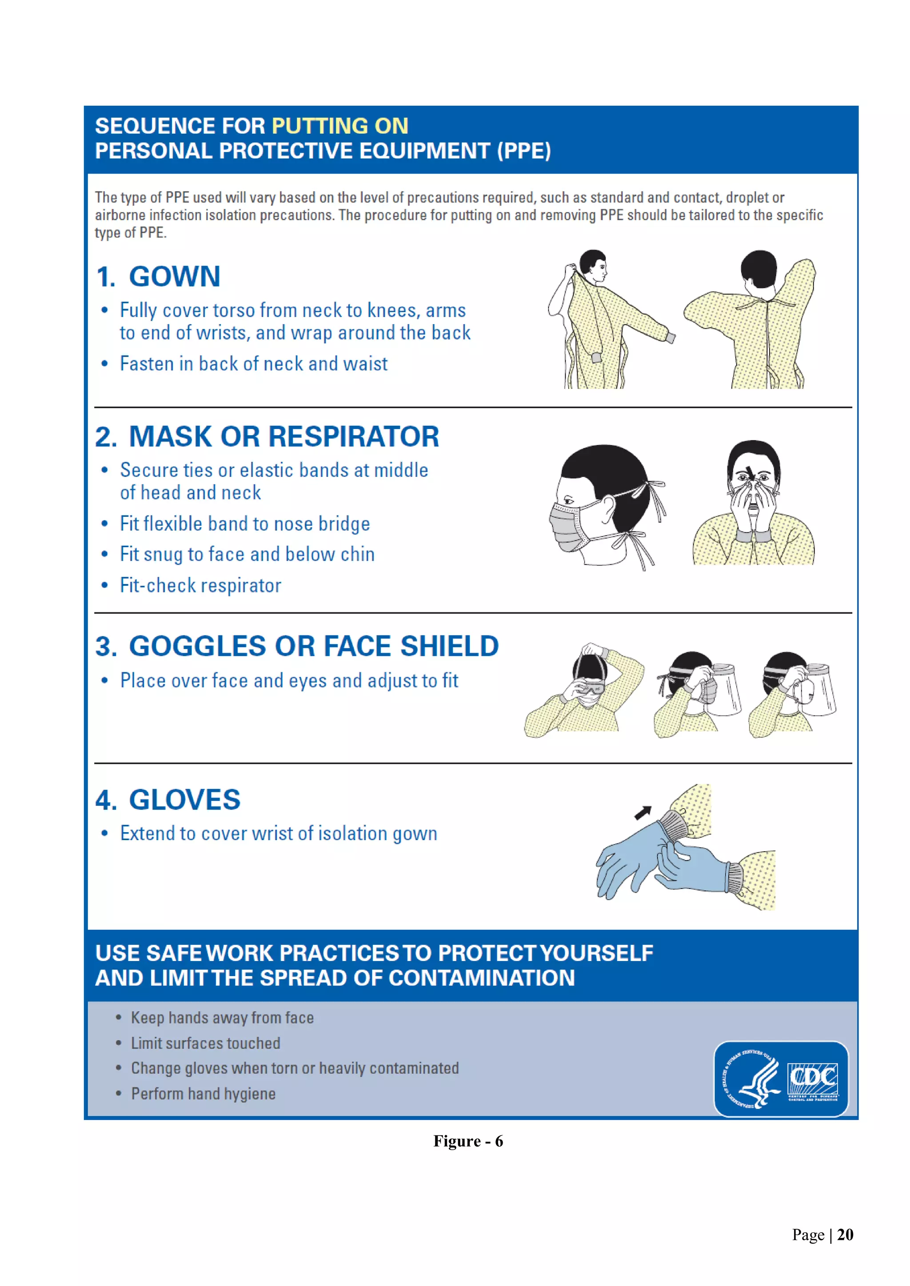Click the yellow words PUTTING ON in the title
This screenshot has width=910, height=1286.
click(x=339, y=126)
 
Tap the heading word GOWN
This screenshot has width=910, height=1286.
click(x=174, y=277)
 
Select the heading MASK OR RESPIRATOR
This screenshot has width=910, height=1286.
click(x=283, y=437)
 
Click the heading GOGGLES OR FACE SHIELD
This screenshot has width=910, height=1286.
click(x=313, y=647)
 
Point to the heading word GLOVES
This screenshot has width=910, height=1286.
click(x=184, y=800)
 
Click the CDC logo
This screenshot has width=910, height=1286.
click(x=813, y=1080)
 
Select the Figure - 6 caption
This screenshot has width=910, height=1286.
click(x=468, y=1142)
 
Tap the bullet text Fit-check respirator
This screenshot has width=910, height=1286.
click(x=200, y=586)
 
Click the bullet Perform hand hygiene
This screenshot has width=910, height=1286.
click(x=203, y=1094)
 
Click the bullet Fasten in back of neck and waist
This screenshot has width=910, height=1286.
click(x=253, y=364)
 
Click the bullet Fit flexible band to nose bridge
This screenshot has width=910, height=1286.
click(x=245, y=524)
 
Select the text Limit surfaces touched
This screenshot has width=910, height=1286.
click(x=205, y=1044)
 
